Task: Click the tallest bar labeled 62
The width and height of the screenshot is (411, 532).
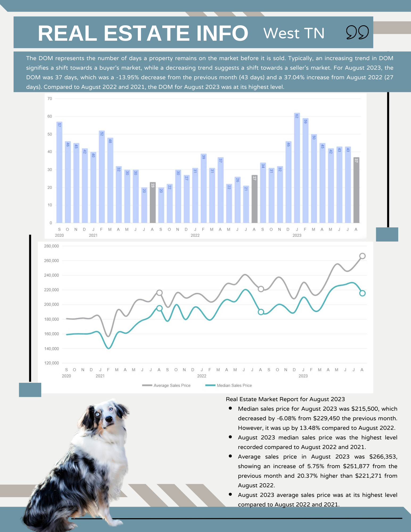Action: tap(297, 168)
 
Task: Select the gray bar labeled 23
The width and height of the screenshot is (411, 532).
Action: tap(153, 202)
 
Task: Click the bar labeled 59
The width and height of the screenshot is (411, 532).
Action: tap(305, 170)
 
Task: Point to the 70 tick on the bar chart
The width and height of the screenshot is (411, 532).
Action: tap(50, 99)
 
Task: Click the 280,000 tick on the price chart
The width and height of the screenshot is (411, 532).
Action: tap(51, 246)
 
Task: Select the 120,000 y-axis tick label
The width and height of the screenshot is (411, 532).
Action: tap(51, 363)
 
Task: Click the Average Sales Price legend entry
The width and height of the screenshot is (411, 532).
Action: tap(167, 385)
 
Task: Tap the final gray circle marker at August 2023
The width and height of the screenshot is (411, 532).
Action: tap(362, 256)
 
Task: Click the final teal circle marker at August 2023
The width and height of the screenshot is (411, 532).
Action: tap(362, 293)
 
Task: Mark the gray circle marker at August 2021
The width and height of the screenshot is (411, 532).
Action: tap(159, 293)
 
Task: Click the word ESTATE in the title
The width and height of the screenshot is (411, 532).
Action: tap(146, 33)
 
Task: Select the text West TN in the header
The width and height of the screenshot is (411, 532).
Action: tap(294, 33)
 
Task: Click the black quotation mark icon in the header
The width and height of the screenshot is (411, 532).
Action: tap(357, 32)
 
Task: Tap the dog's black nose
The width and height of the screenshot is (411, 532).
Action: tap(109, 419)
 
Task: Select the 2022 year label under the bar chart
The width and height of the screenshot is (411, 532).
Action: tap(195, 235)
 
